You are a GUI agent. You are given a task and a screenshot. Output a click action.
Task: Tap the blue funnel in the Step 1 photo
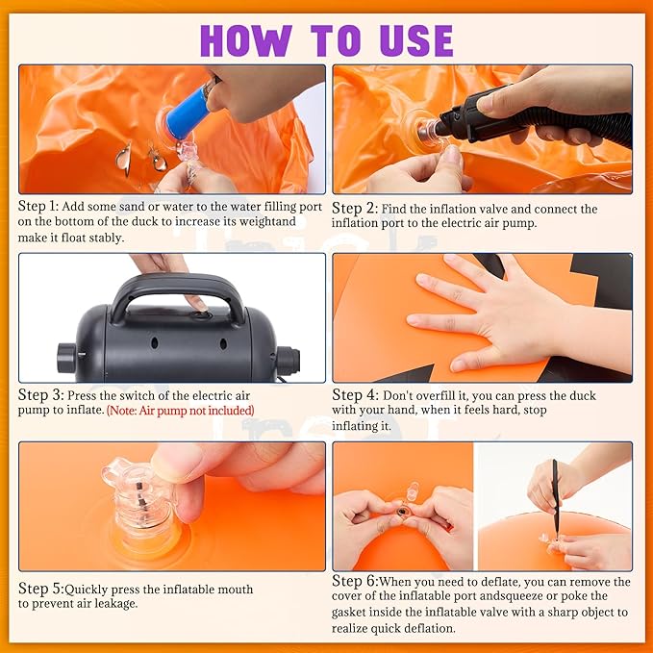pos(188,109)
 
